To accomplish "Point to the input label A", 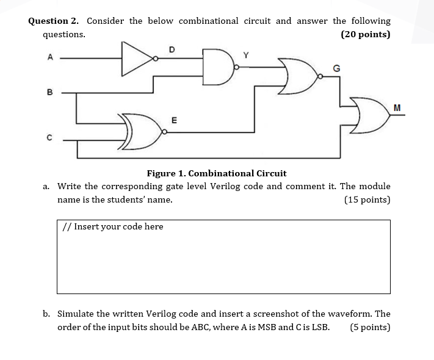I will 50,57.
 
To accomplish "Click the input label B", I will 50,93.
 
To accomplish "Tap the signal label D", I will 172,48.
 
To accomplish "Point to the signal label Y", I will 246,56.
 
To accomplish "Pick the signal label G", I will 335,68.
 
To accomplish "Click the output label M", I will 397,107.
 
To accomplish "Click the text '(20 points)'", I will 365,34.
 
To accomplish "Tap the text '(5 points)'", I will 370,327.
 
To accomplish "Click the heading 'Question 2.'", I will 53,21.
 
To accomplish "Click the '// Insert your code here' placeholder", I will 113,226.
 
